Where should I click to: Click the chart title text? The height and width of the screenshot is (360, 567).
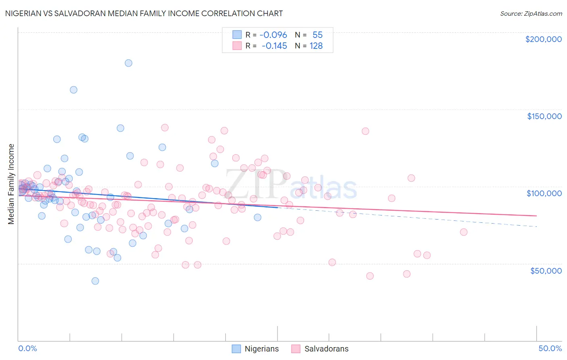(x=144, y=13)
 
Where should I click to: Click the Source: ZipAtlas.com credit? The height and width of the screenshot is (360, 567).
(x=531, y=13)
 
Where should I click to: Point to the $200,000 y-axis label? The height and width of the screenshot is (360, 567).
(x=543, y=39)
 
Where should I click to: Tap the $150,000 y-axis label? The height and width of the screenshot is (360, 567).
(x=544, y=116)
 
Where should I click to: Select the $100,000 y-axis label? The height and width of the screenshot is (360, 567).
(x=544, y=193)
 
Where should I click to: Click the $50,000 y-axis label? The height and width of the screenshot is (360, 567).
(x=546, y=270)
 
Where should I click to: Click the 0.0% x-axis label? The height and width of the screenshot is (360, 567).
(x=27, y=348)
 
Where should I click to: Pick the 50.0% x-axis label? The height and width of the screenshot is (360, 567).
(x=550, y=348)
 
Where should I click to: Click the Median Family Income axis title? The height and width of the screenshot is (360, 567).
(x=11, y=184)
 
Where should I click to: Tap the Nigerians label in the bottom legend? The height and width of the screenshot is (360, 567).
(x=261, y=349)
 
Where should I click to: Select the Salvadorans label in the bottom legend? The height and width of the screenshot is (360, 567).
(x=326, y=349)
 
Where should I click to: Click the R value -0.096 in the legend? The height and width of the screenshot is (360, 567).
(x=273, y=35)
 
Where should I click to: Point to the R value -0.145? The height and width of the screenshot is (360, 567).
(x=274, y=46)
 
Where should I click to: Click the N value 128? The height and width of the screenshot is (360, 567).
(x=316, y=46)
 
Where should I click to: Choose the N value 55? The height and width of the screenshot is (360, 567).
(x=317, y=35)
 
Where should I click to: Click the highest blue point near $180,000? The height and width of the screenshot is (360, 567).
(x=128, y=63)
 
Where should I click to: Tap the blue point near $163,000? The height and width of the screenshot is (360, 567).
(x=73, y=90)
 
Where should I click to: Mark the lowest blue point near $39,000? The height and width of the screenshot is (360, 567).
(x=95, y=281)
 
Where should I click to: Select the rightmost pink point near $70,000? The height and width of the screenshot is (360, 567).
(x=463, y=232)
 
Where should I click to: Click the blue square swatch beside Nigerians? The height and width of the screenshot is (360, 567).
(x=236, y=349)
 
